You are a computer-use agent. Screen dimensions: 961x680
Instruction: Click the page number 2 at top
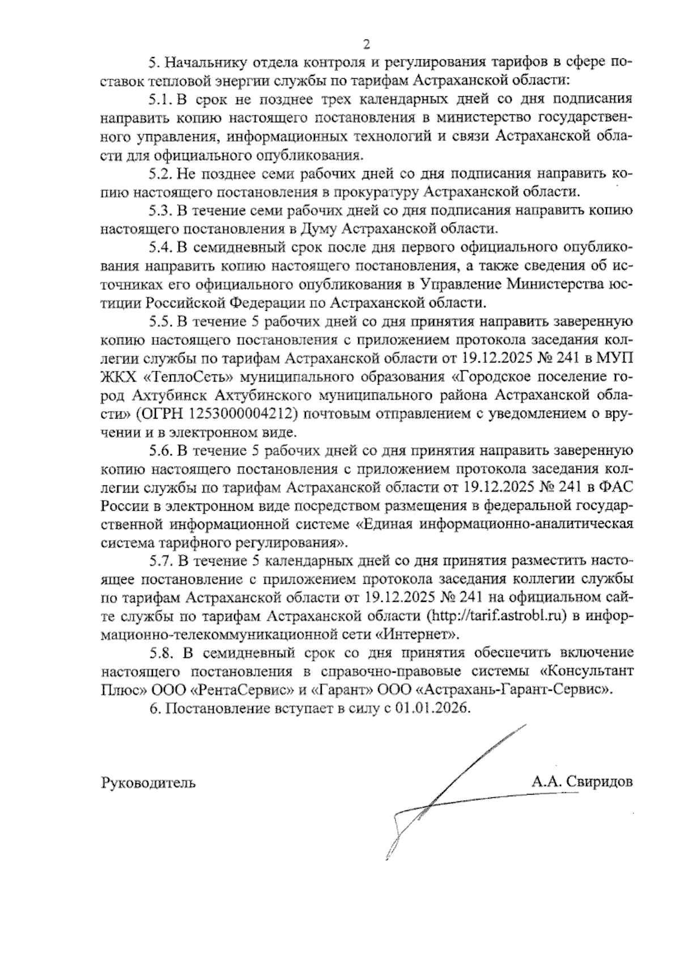click(x=365, y=44)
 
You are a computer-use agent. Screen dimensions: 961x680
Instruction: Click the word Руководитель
click(x=148, y=783)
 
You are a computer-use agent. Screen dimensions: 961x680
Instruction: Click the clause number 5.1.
click(x=160, y=99)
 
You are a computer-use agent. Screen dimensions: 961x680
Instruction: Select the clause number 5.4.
click(x=160, y=247)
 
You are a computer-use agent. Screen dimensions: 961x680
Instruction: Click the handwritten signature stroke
click(x=431, y=793)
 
